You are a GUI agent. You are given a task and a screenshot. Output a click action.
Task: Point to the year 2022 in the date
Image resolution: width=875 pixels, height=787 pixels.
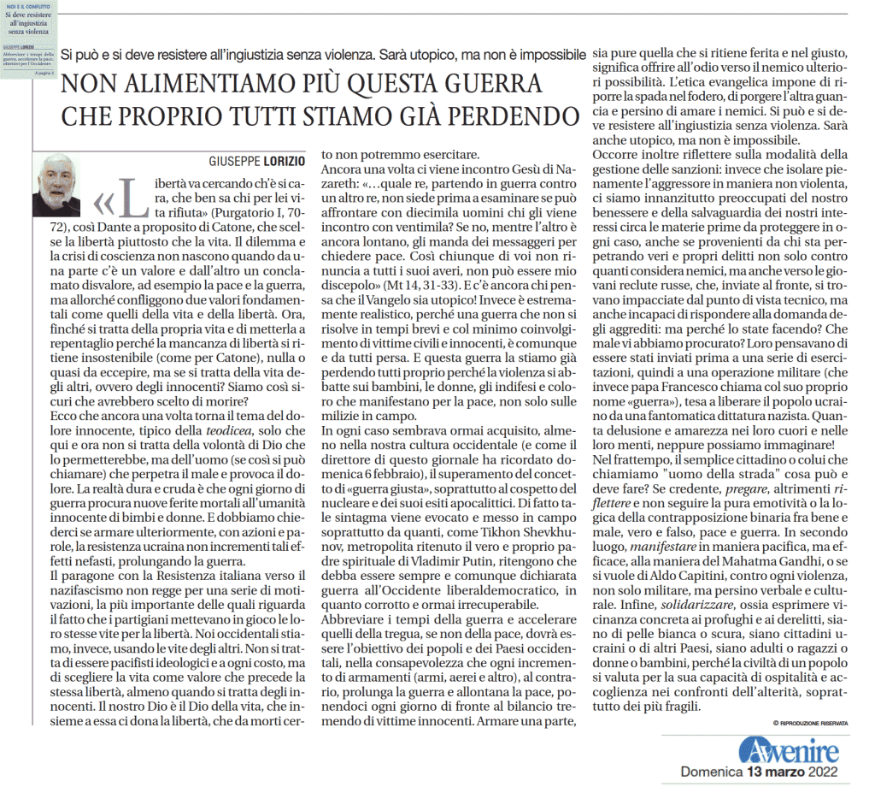pyautogui.click(x=828, y=772)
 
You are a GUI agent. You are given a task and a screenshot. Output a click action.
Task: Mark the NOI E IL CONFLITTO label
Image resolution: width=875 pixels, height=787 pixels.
pyautogui.click(x=32, y=6)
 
